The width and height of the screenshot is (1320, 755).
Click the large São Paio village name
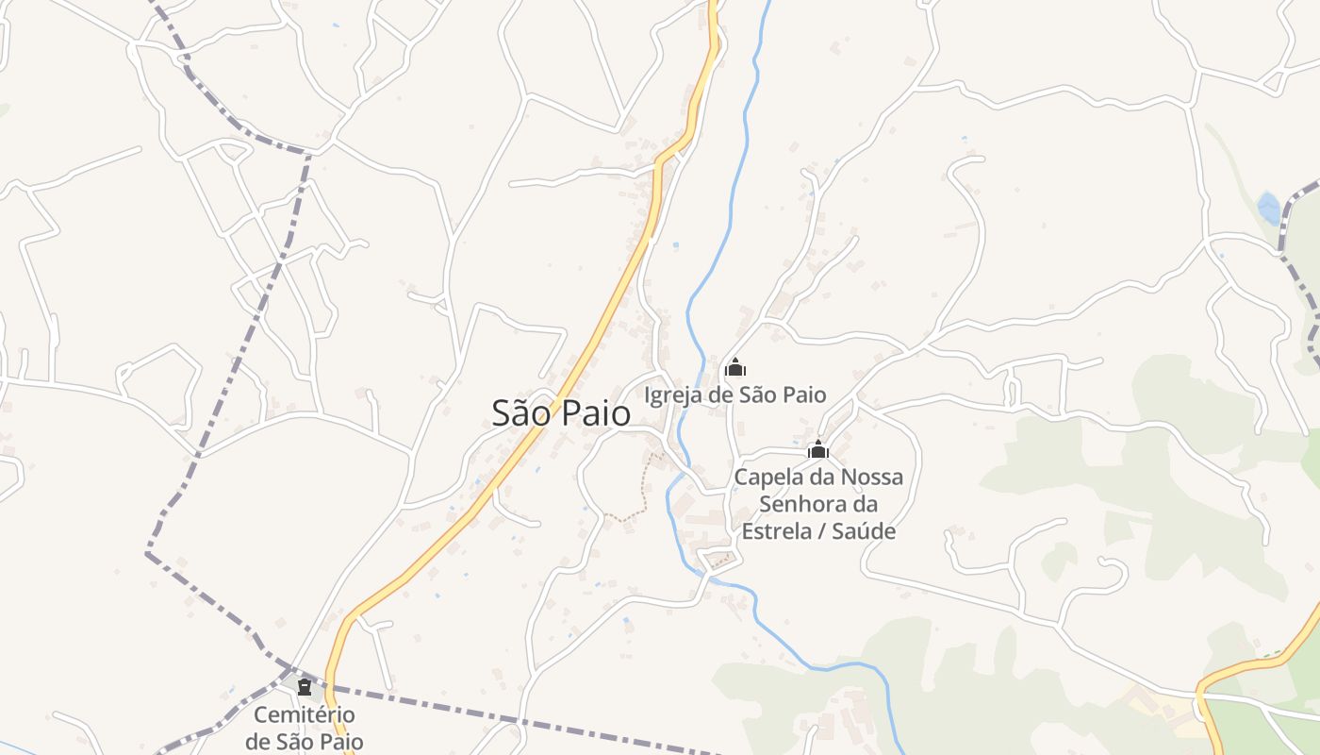click(561, 412)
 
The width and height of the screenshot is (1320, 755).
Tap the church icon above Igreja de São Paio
click(734, 368)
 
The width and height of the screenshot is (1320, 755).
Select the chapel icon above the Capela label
click(817, 450)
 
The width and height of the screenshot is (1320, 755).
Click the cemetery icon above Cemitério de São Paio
click(305, 686)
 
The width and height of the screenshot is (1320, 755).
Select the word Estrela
click(776, 531)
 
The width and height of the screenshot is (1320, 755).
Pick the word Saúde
click(865, 531)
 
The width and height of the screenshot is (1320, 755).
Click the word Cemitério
click(305, 715)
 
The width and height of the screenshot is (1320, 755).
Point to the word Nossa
click(872, 478)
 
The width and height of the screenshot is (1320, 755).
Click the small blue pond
click(1269, 208)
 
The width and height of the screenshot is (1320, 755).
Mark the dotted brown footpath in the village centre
click(641, 491)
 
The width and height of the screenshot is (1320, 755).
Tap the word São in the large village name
click(520, 412)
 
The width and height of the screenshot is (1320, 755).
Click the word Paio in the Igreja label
click(804, 394)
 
